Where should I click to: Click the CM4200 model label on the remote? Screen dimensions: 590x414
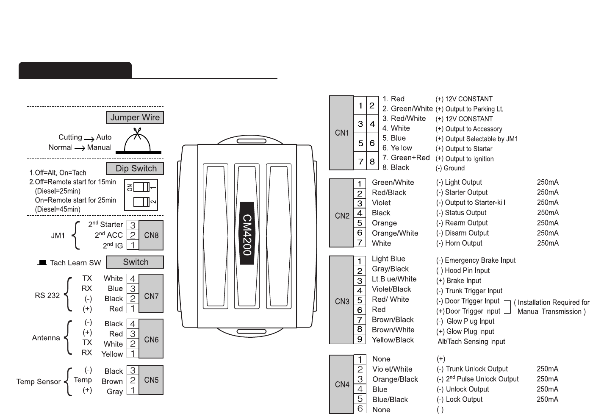tap(247, 234)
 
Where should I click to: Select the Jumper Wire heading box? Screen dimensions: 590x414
tap(135, 118)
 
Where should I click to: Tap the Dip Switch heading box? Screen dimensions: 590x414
tap(135, 169)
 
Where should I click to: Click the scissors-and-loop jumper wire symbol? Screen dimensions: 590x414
tap(137, 142)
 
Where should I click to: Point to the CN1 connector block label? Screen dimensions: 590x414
tap(342, 133)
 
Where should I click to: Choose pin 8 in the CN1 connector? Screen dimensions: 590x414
tap(372, 161)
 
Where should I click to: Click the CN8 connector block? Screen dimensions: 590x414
tap(151, 235)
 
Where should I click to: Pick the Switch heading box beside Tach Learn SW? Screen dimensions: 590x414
tap(135, 262)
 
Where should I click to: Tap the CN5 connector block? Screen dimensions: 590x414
tap(151, 380)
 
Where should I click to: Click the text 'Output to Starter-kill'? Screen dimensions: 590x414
tap(475, 203)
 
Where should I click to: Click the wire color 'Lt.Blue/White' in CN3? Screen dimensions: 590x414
tap(394, 279)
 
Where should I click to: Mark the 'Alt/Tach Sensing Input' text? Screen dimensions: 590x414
tap(471, 342)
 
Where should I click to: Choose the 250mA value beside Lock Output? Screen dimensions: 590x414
tap(547, 399)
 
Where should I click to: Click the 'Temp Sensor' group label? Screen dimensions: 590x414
tap(39, 381)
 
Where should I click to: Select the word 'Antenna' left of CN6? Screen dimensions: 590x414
tap(46, 338)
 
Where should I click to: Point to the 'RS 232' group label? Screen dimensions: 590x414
tap(47, 295)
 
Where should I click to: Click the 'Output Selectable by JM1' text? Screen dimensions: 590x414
tap(482, 139)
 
